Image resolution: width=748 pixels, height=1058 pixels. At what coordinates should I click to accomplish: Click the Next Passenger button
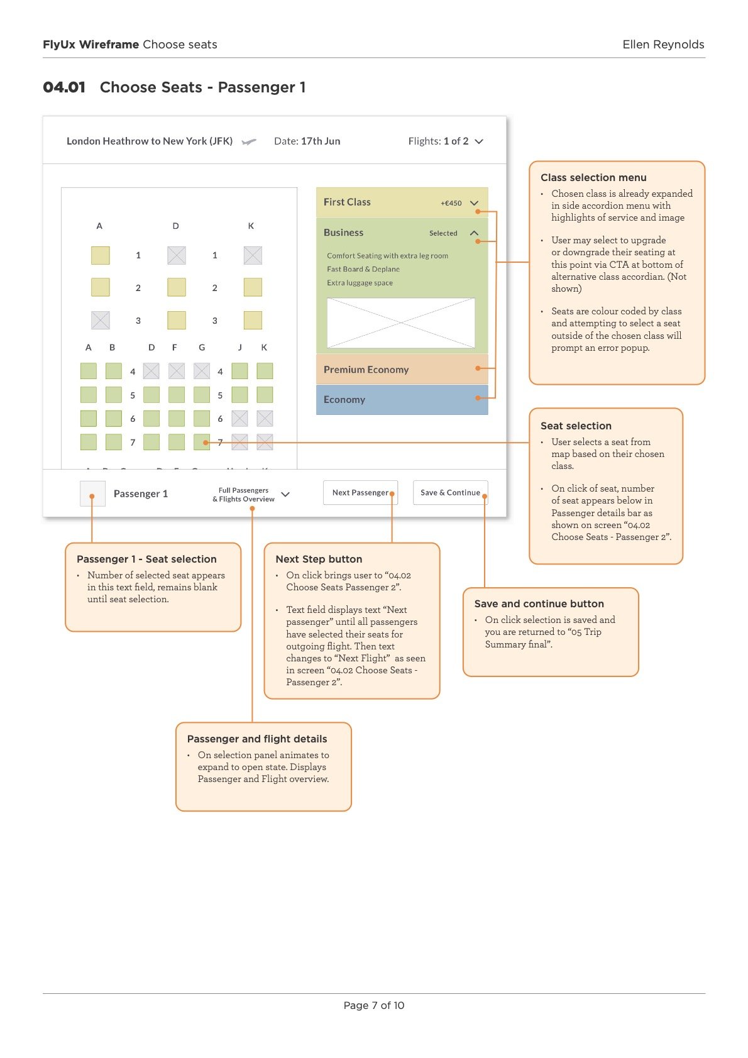pos(360,492)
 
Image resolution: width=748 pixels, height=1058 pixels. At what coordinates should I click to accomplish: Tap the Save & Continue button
pos(450,492)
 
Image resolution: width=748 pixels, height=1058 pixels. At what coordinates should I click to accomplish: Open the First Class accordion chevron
pos(474,202)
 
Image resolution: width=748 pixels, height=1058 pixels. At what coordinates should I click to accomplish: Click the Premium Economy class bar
pos(402,369)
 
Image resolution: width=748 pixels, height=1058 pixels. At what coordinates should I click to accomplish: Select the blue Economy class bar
pos(402,400)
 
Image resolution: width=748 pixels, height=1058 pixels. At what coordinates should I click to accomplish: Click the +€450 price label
pos(451,203)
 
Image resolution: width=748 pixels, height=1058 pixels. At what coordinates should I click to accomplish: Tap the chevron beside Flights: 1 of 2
pos(479,141)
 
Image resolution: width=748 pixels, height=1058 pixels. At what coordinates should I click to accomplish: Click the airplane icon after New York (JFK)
pos(249,141)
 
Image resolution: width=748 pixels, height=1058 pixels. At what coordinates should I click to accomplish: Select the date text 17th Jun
pos(321,141)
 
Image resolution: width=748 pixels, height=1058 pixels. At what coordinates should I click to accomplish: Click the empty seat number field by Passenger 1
pos(92,493)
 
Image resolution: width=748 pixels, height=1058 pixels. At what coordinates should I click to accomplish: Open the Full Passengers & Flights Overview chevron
pos(285,494)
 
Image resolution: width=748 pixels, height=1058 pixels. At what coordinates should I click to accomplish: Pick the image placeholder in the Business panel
pos(401,323)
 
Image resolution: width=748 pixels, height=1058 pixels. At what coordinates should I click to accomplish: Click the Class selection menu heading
pos(593,178)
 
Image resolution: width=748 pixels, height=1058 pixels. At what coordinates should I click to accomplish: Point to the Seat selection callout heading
pos(576,426)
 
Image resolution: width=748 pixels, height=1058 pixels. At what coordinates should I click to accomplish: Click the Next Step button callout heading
pos(319,559)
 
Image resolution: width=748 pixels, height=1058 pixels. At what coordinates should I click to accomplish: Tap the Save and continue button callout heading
pos(539,603)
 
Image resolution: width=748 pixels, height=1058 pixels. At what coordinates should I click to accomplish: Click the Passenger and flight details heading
pos(257,739)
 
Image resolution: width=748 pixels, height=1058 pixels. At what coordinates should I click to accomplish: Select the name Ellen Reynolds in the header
pos(663,45)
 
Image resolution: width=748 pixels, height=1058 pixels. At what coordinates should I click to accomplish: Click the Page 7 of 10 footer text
pos(374,1006)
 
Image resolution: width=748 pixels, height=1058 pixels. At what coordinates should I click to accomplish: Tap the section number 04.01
pos(64,87)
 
